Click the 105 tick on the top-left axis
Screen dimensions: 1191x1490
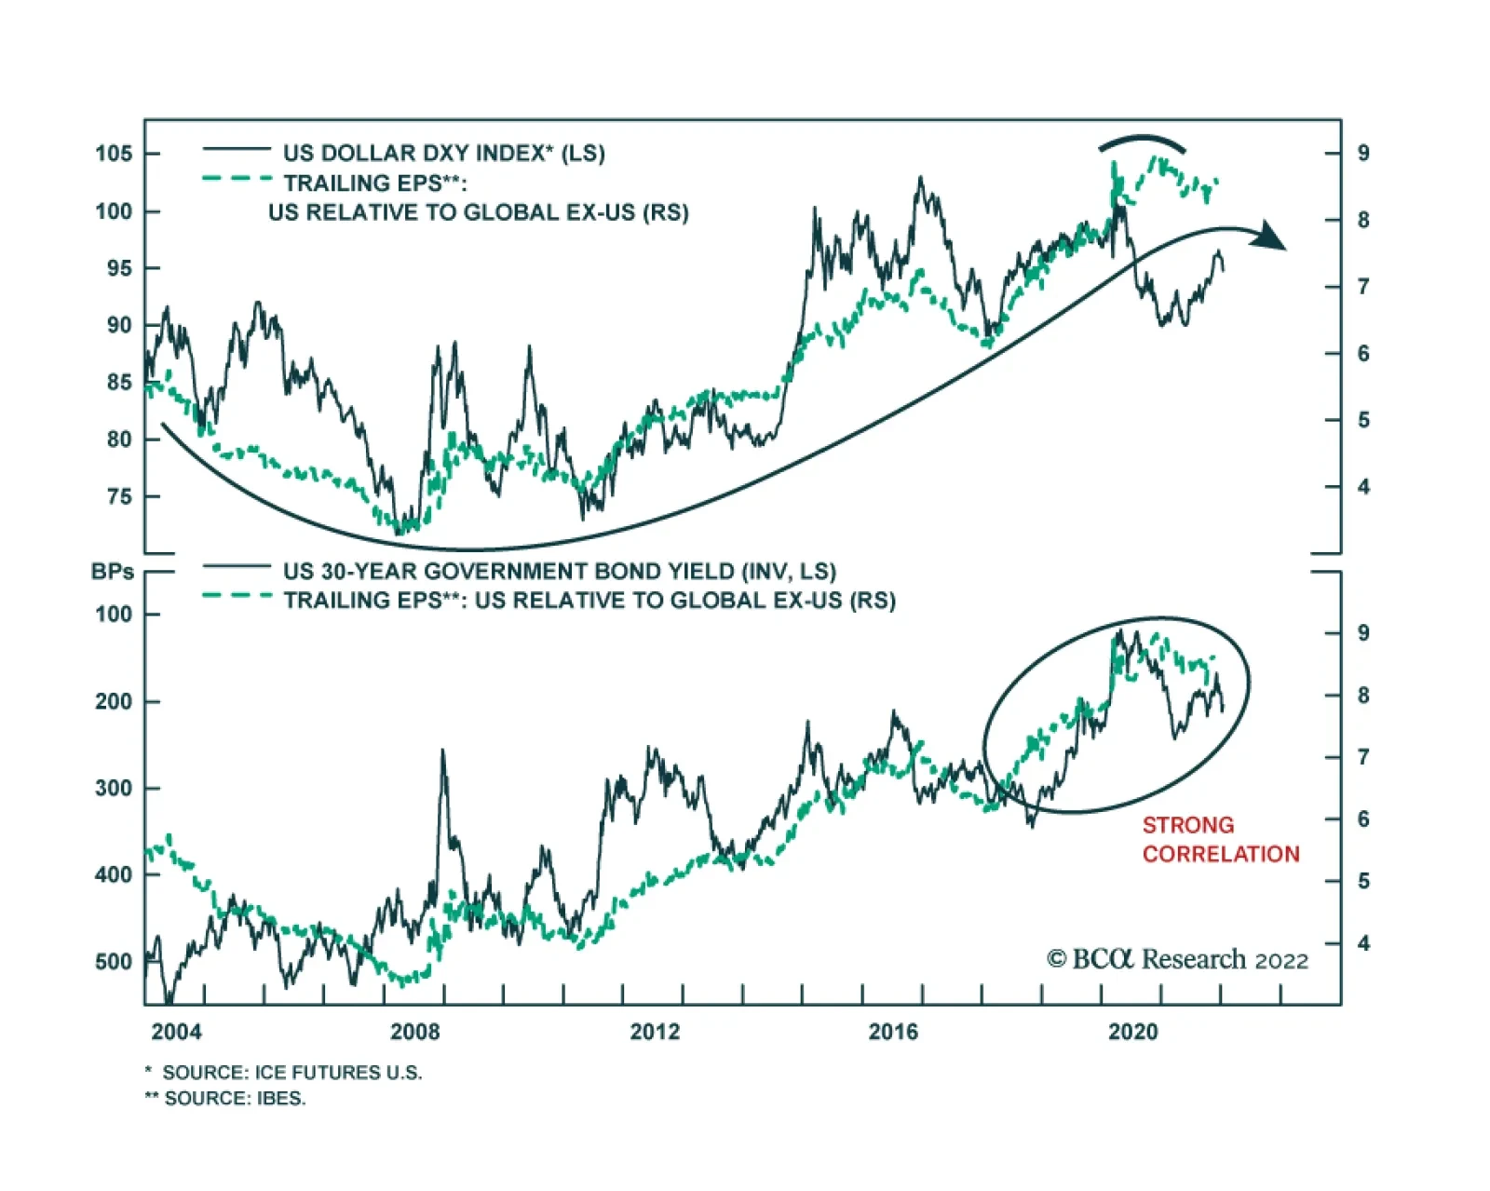(114, 154)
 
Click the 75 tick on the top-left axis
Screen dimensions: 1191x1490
(119, 496)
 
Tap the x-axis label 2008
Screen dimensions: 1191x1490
(414, 1032)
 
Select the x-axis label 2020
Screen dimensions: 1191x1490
(1132, 1032)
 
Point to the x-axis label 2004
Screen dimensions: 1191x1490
(176, 1032)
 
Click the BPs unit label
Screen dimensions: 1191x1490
(113, 572)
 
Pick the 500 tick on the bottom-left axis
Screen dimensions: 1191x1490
(114, 962)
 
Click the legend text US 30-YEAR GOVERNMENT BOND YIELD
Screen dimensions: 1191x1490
(560, 571)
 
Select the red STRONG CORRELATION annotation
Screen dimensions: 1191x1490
(1220, 839)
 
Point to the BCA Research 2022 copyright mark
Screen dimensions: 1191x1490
(1177, 959)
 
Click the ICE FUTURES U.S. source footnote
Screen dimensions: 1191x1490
(291, 1073)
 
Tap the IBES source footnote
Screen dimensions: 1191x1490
(234, 1099)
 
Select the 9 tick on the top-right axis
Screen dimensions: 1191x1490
(1363, 154)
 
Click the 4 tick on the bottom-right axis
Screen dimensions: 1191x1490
(1363, 943)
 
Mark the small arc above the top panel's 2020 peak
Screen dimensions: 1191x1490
(1142, 142)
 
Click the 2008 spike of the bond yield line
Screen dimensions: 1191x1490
(442, 752)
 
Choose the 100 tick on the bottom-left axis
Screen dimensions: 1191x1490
(114, 615)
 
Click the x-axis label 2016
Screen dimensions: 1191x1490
(893, 1032)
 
